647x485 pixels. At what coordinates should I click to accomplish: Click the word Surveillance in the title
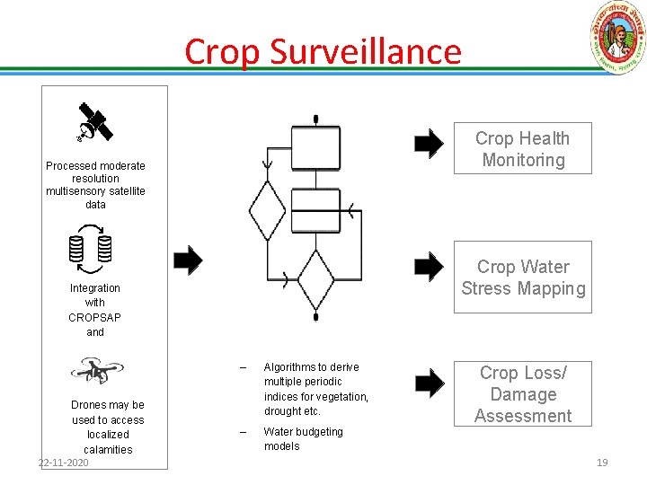point(366,52)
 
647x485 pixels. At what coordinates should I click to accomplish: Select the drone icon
point(95,370)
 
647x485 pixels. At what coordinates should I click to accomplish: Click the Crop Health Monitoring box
point(523,148)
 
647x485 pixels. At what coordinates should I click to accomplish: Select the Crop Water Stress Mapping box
point(523,277)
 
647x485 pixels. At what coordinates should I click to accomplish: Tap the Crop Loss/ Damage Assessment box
point(523,393)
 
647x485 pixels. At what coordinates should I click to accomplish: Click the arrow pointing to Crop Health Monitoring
point(429,142)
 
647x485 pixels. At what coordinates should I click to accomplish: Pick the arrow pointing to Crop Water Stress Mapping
point(429,266)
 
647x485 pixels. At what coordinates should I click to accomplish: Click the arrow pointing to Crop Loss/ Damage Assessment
point(429,384)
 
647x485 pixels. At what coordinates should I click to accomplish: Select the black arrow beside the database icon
point(188,260)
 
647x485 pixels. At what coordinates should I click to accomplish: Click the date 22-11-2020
point(63,463)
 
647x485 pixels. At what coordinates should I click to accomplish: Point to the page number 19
point(602,463)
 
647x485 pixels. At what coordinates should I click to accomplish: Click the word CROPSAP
point(94,317)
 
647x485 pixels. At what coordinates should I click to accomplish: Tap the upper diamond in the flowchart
point(267,210)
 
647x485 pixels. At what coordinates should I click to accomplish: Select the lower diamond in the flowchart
point(315,280)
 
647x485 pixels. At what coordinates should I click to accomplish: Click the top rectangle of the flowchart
point(315,147)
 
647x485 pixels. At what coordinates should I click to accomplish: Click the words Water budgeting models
point(303,438)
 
